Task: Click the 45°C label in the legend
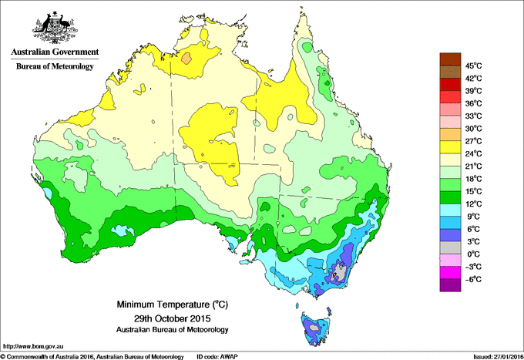pos(473,66)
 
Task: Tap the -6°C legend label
pos(472,279)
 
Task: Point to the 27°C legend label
pos(473,141)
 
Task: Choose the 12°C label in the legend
pos(473,204)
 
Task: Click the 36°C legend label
pos(473,103)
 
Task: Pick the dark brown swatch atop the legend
pos(449,59)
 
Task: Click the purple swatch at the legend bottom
pos(449,285)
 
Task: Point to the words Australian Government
pos(54,52)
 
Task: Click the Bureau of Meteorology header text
pos(54,67)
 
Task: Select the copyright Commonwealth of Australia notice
pos(92,356)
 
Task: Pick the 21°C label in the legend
pos(473,166)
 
